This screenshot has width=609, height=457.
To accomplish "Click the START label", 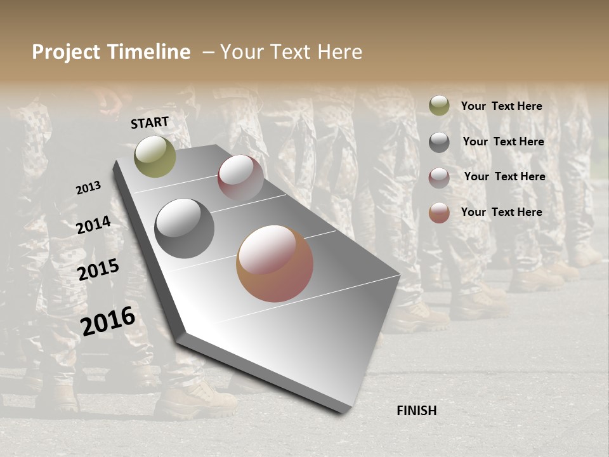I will pyautogui.click(x=150, y=123).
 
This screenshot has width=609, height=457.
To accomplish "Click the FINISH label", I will pyautogui.click(x=417, y=411).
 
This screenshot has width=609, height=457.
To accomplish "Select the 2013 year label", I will pyautogui.click(x=89, y=188).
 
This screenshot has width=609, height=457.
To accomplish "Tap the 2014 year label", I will pyautogui.click(x=94, y=225).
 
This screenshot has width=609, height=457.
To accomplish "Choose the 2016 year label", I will pyautogui.click(x=108, y=321).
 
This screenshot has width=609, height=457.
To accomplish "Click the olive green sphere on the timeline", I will pyautogui.click(x=155, y=156).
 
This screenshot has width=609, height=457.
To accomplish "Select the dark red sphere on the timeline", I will pyautogui.click(x=240, y=177).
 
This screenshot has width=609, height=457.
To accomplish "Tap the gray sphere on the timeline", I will pyautogui.click(x=184, y=228).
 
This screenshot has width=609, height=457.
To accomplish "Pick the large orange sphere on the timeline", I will pyautogui.click(x=275, y=263).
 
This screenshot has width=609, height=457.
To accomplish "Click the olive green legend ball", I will pyautogui.click(x=439, y=106).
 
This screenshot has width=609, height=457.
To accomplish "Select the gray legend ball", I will pyautogui.click(x=439, y=142).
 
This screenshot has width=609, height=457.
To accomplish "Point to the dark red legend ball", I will pyautogui.click(x=439, y=178).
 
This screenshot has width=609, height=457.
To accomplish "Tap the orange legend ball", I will pyautogui.click(x=439, y=213).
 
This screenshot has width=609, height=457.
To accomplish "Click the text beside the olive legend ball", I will pyautogui.click(x=501, y=106).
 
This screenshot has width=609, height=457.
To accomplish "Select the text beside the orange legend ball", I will pyautogui.click(x=501, y=212).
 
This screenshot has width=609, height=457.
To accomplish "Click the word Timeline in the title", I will pyautogui.click(x=149, y=52).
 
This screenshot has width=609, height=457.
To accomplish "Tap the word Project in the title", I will pyautogui.click(x=66, y=52).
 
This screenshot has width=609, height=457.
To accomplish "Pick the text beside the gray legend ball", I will pyautogui.click(x=503, y=142).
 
